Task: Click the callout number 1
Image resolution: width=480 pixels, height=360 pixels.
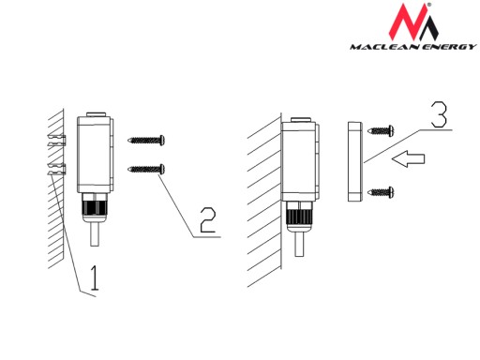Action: click(x=94, y=277)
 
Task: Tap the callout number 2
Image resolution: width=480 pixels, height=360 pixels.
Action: click(x=208, y=220)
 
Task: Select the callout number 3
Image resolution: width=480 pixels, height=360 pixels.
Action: click(x=439, y=114)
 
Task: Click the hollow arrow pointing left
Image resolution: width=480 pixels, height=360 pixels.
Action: click(x=409, y=158)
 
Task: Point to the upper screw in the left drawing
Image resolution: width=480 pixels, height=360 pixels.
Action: click(x=146, y=141)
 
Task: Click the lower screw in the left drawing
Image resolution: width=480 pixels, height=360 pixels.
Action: click(x=146, y=169)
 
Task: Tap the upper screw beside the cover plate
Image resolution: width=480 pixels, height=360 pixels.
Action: click(x=381, y=130)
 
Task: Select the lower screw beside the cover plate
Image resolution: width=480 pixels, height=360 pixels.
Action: click(x=381, y=192)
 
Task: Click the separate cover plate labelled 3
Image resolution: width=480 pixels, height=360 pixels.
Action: click(x=355, y=161)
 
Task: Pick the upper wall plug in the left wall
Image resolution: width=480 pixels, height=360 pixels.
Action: click(x=57, y=141)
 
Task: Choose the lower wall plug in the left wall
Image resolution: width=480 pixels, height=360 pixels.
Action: click(x=57, y=169)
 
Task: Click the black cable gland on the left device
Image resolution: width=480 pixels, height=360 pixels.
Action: click(x=95, y=207)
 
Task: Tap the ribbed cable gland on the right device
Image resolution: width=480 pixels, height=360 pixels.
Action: click(x=299, y=217)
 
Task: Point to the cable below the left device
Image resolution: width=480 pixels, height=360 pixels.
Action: click(x=95, y=233)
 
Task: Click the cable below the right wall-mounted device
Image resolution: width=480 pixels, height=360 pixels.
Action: click(x=299, y=244)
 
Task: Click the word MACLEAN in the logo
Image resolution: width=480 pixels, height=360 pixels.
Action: click(x=384, y=47)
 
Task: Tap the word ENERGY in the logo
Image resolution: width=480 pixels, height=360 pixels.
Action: click(x=449, y=47)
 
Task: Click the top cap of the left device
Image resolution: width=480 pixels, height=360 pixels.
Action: click(x=97, y=114)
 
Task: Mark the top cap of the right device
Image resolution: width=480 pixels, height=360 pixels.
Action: click(x=301, y=120)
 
